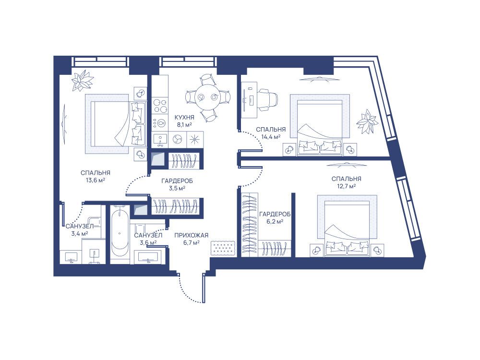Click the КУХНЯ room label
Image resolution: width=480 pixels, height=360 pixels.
184,117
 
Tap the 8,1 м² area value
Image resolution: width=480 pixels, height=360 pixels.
184,125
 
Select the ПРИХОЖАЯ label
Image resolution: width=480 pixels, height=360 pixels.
192,235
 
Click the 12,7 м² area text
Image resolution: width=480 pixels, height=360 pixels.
346,186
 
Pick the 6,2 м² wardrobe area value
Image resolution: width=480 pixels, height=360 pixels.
275,221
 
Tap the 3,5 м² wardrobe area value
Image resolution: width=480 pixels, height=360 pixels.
177,188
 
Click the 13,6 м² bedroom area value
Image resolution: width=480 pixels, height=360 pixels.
95,180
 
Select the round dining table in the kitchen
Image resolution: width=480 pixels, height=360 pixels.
207,97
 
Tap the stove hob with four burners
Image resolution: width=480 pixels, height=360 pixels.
160,106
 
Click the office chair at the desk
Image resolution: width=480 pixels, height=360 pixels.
267,99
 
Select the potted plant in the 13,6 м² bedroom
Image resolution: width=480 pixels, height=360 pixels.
82,80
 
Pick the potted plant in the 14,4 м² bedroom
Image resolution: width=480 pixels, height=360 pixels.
367,121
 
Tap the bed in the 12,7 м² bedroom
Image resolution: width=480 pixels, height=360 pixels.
347,224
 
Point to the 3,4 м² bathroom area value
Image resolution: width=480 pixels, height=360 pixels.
80,234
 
